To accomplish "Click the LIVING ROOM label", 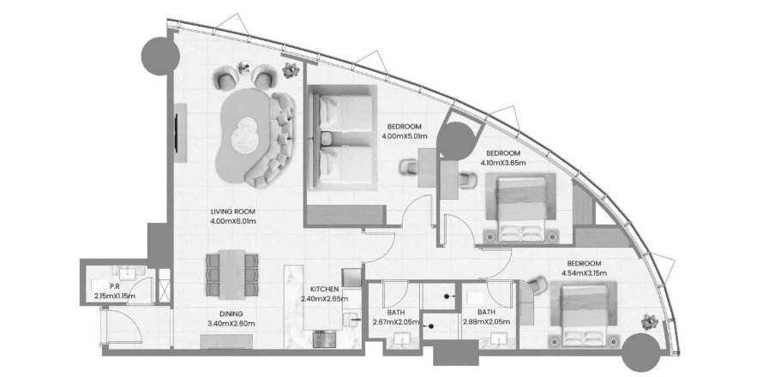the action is click(233, 212).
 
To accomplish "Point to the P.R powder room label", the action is click(115, 287).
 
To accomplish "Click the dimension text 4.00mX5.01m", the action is click(405, 135).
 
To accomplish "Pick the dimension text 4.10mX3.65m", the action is click(503, 163).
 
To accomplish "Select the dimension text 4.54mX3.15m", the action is click(585, 273).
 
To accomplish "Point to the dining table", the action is click(232, 274).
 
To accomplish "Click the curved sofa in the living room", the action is click(273, 141).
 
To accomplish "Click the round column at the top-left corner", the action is click(160, 56).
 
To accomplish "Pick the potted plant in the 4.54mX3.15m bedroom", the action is click(650, 321).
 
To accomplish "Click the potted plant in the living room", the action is click(291, 70).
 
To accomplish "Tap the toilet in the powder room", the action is click(98, 286).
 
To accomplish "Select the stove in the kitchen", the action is click(325, 339).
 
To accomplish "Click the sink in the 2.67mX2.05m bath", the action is click(402, 339).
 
